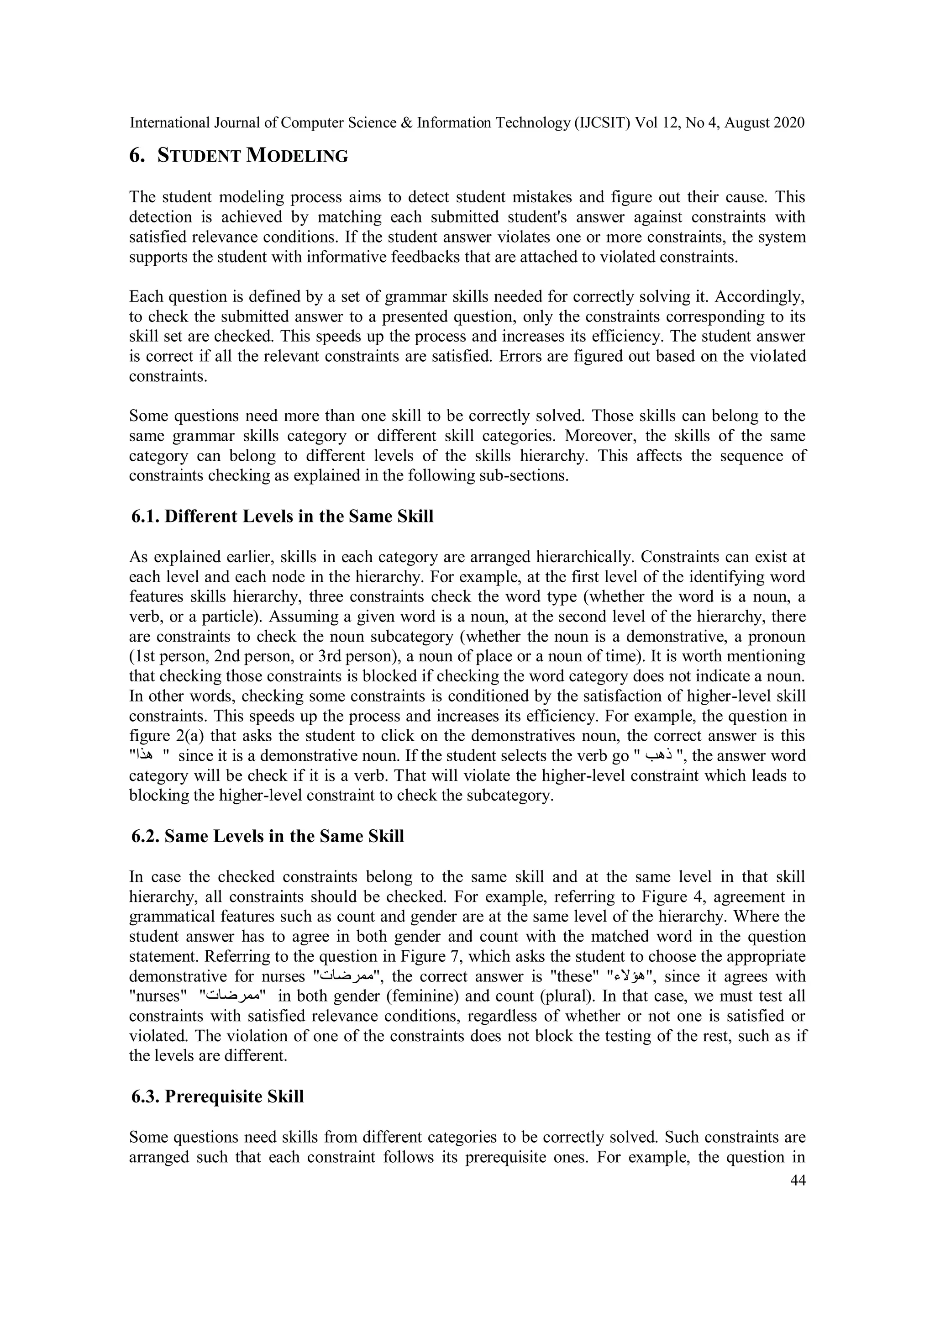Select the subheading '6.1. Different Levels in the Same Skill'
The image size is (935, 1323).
click(x=282, y=517)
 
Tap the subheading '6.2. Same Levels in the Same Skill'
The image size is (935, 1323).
click(x=268, y=836)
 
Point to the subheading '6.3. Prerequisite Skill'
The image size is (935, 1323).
click(x=218, y=1096)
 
